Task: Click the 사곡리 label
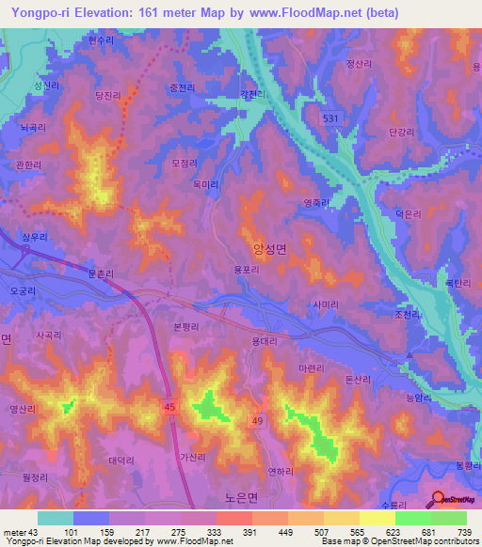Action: click(49, 334)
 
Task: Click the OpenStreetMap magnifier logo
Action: click(439, 500)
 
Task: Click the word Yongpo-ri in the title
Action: click(38, 13)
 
